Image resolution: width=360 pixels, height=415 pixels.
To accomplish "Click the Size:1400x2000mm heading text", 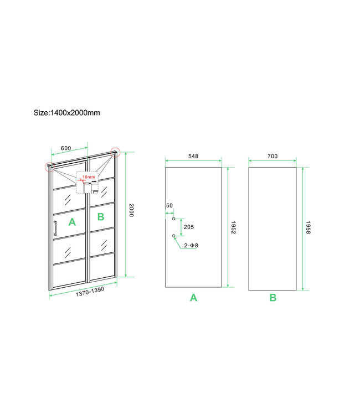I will tap(66, 112).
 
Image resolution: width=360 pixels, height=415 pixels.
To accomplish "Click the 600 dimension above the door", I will tap(65, 148).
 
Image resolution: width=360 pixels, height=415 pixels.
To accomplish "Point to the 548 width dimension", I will tap(193, 157).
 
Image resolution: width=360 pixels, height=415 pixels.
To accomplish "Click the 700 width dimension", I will tap(272, 157).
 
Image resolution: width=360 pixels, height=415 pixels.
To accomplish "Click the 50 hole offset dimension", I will tap(169, 206).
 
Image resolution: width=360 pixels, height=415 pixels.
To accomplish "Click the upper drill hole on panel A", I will tap(173, 219).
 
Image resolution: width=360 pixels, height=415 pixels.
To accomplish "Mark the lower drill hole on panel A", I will tap(173, 236).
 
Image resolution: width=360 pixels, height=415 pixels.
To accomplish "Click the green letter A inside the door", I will tap(71, 222).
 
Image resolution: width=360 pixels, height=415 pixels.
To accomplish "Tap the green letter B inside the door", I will tap(100, 216).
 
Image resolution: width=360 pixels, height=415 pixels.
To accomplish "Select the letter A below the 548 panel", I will tap(193, 298).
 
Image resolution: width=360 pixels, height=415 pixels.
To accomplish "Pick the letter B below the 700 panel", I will tap(273, 298).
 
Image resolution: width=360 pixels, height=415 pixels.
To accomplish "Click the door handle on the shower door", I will tap(55, 228).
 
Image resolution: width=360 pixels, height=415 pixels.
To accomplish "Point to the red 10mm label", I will tap(89, 177).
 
